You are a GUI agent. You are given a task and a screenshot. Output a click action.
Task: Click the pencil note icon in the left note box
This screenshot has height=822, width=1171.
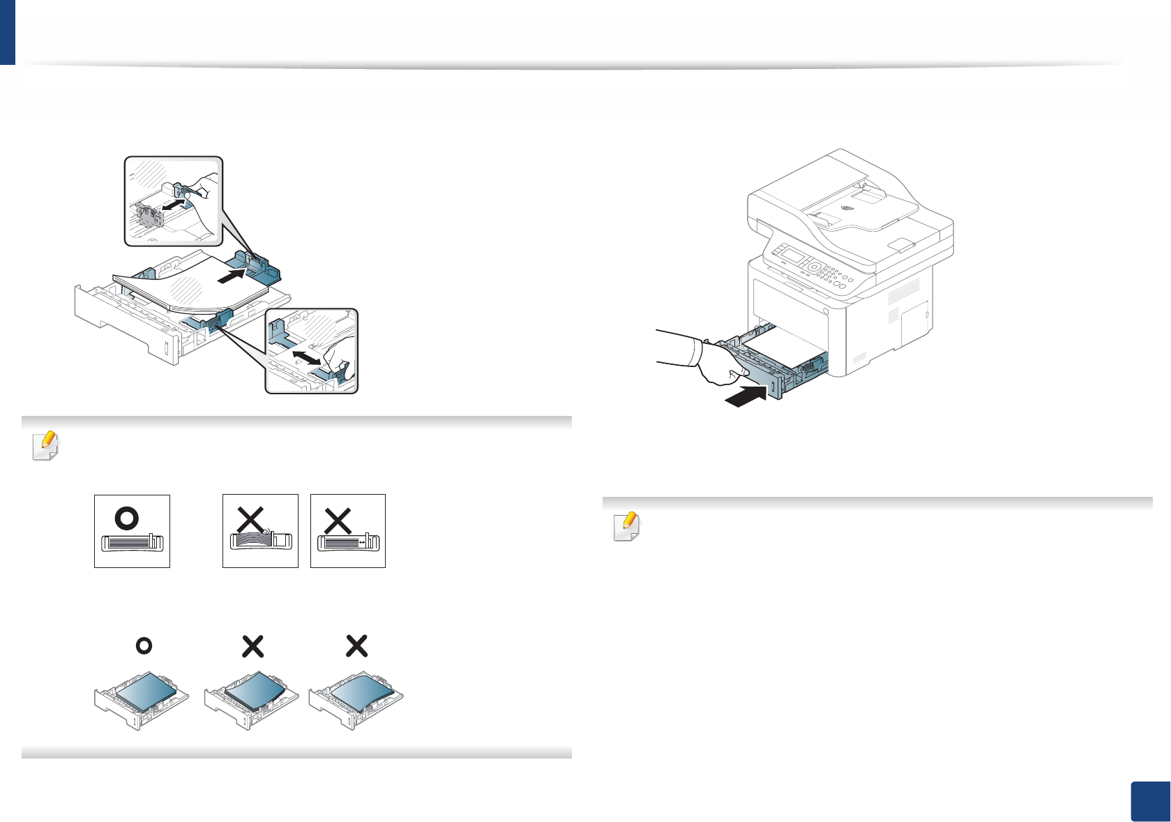point(46,446)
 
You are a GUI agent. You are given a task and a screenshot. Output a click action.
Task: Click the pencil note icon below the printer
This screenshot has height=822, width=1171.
point(626,527)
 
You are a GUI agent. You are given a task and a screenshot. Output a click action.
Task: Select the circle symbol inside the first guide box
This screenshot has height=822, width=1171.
point(127,518)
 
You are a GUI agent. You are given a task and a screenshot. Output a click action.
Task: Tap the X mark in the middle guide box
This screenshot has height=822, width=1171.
point(250,521)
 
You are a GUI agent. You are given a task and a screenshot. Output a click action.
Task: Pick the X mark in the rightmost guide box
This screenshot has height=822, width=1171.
point(338,521)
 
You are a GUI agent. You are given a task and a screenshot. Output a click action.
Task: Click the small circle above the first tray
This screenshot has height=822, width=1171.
point(144,646)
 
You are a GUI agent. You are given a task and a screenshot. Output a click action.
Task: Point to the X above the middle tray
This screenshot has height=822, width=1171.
point(252,646)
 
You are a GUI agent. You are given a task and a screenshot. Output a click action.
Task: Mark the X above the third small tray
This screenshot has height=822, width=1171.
point(356,646)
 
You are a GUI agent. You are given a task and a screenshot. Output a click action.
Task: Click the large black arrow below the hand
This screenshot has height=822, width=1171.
point(746,396)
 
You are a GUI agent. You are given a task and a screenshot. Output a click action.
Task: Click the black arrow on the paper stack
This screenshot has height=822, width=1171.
point(233,276)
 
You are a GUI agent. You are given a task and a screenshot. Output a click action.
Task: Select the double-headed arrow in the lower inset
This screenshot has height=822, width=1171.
point(308,356)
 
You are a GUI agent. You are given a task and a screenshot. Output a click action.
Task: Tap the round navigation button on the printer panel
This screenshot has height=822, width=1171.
point(814,267)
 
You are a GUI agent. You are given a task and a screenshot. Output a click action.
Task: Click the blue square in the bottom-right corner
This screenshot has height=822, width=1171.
point(1149,802)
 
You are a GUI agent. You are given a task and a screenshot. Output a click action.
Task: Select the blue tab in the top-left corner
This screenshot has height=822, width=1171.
point(7,32)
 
